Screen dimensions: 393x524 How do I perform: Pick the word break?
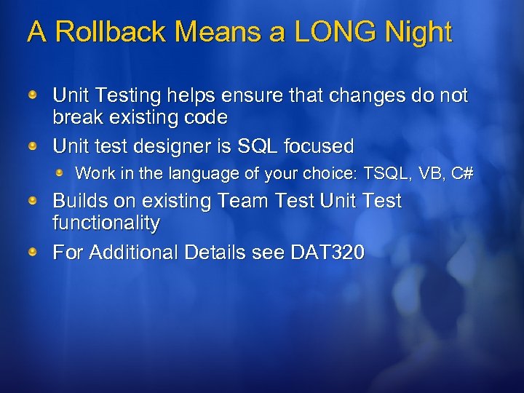coord(78,116)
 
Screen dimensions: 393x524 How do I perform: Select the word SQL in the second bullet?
coord(259,146)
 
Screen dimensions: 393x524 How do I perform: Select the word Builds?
coord(79,201)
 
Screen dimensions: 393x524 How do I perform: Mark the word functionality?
coord(106,223)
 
